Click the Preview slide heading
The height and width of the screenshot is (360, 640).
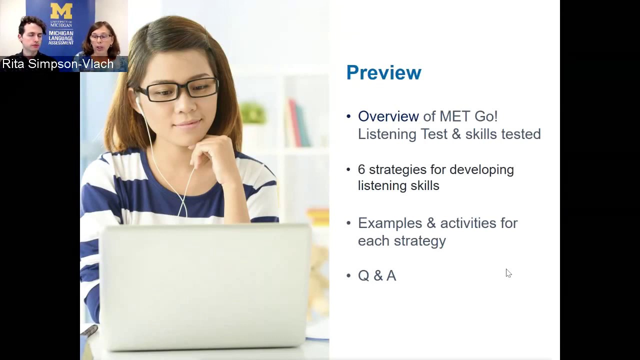pos(383,73)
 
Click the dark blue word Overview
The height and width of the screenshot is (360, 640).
pos(388,116)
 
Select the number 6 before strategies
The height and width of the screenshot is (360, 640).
pos(361,169)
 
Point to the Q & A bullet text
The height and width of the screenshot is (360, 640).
pos(376,275)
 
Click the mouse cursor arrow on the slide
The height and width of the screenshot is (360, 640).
pos(508,273)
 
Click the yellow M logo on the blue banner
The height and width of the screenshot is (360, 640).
pos(61,11)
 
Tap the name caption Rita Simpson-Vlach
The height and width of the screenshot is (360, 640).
pos(58,64)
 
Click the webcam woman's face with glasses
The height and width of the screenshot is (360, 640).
pos(101,40)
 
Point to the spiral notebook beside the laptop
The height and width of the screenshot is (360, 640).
pos(89,331)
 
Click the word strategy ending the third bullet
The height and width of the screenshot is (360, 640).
pos(419,241)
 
